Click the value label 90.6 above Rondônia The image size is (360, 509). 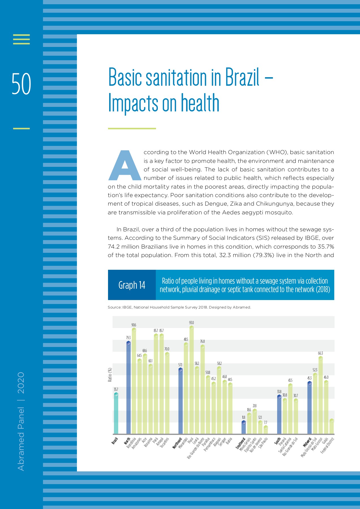pos(134,325)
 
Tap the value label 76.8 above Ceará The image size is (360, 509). pos(202,341)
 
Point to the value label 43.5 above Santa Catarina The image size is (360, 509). pos(290,380)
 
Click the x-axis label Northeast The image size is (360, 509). pos(177,443)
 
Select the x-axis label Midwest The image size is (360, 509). pos(307,443)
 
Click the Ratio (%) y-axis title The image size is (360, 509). pos(110,375)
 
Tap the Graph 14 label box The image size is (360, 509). pos(132,285)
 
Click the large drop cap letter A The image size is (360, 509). pos(125,166)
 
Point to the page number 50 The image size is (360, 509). pos(21,84)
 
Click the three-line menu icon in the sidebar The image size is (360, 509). pos(21,39)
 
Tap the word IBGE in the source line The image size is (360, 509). pos(127,307)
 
